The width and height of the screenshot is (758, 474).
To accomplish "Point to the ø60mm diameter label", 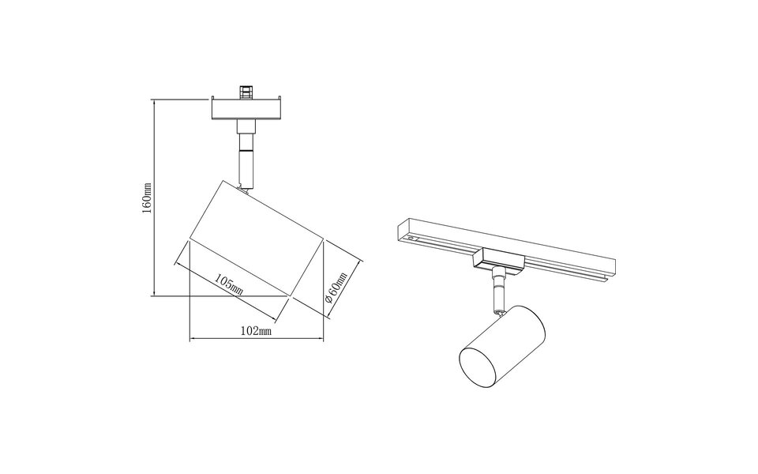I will pyautogui.click(x=337, y=291).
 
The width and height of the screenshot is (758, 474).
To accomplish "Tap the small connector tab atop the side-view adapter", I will pyautogui.click(x=246, y=92).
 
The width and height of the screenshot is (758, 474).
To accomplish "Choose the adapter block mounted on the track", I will pyautogui.click(x=496, y=259).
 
